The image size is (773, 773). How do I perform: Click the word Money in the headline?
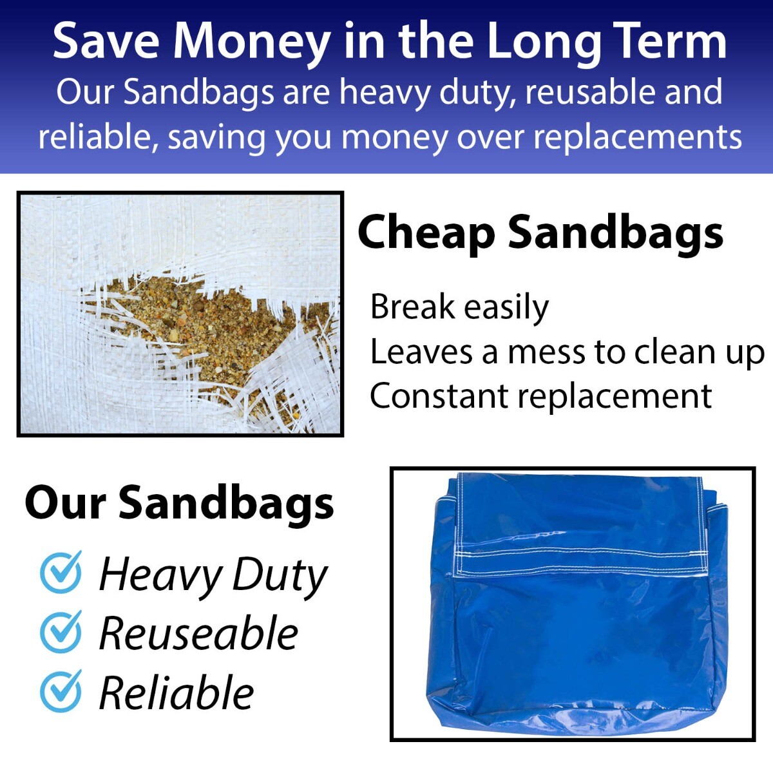[251, 42]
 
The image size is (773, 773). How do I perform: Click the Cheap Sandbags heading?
[540, 233]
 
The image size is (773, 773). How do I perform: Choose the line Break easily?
[459, 307]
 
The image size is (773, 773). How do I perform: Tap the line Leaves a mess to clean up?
[567, 352]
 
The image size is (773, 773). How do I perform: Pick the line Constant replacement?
[540, 396]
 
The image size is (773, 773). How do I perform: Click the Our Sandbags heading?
[179, 502]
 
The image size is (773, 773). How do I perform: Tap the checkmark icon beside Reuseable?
[61, 631]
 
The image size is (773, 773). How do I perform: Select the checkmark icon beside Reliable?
[61, 691]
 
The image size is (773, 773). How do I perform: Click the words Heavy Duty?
[213, 575]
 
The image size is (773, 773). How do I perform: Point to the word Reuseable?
[198, 633]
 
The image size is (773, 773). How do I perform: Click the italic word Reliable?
[177, 693]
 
